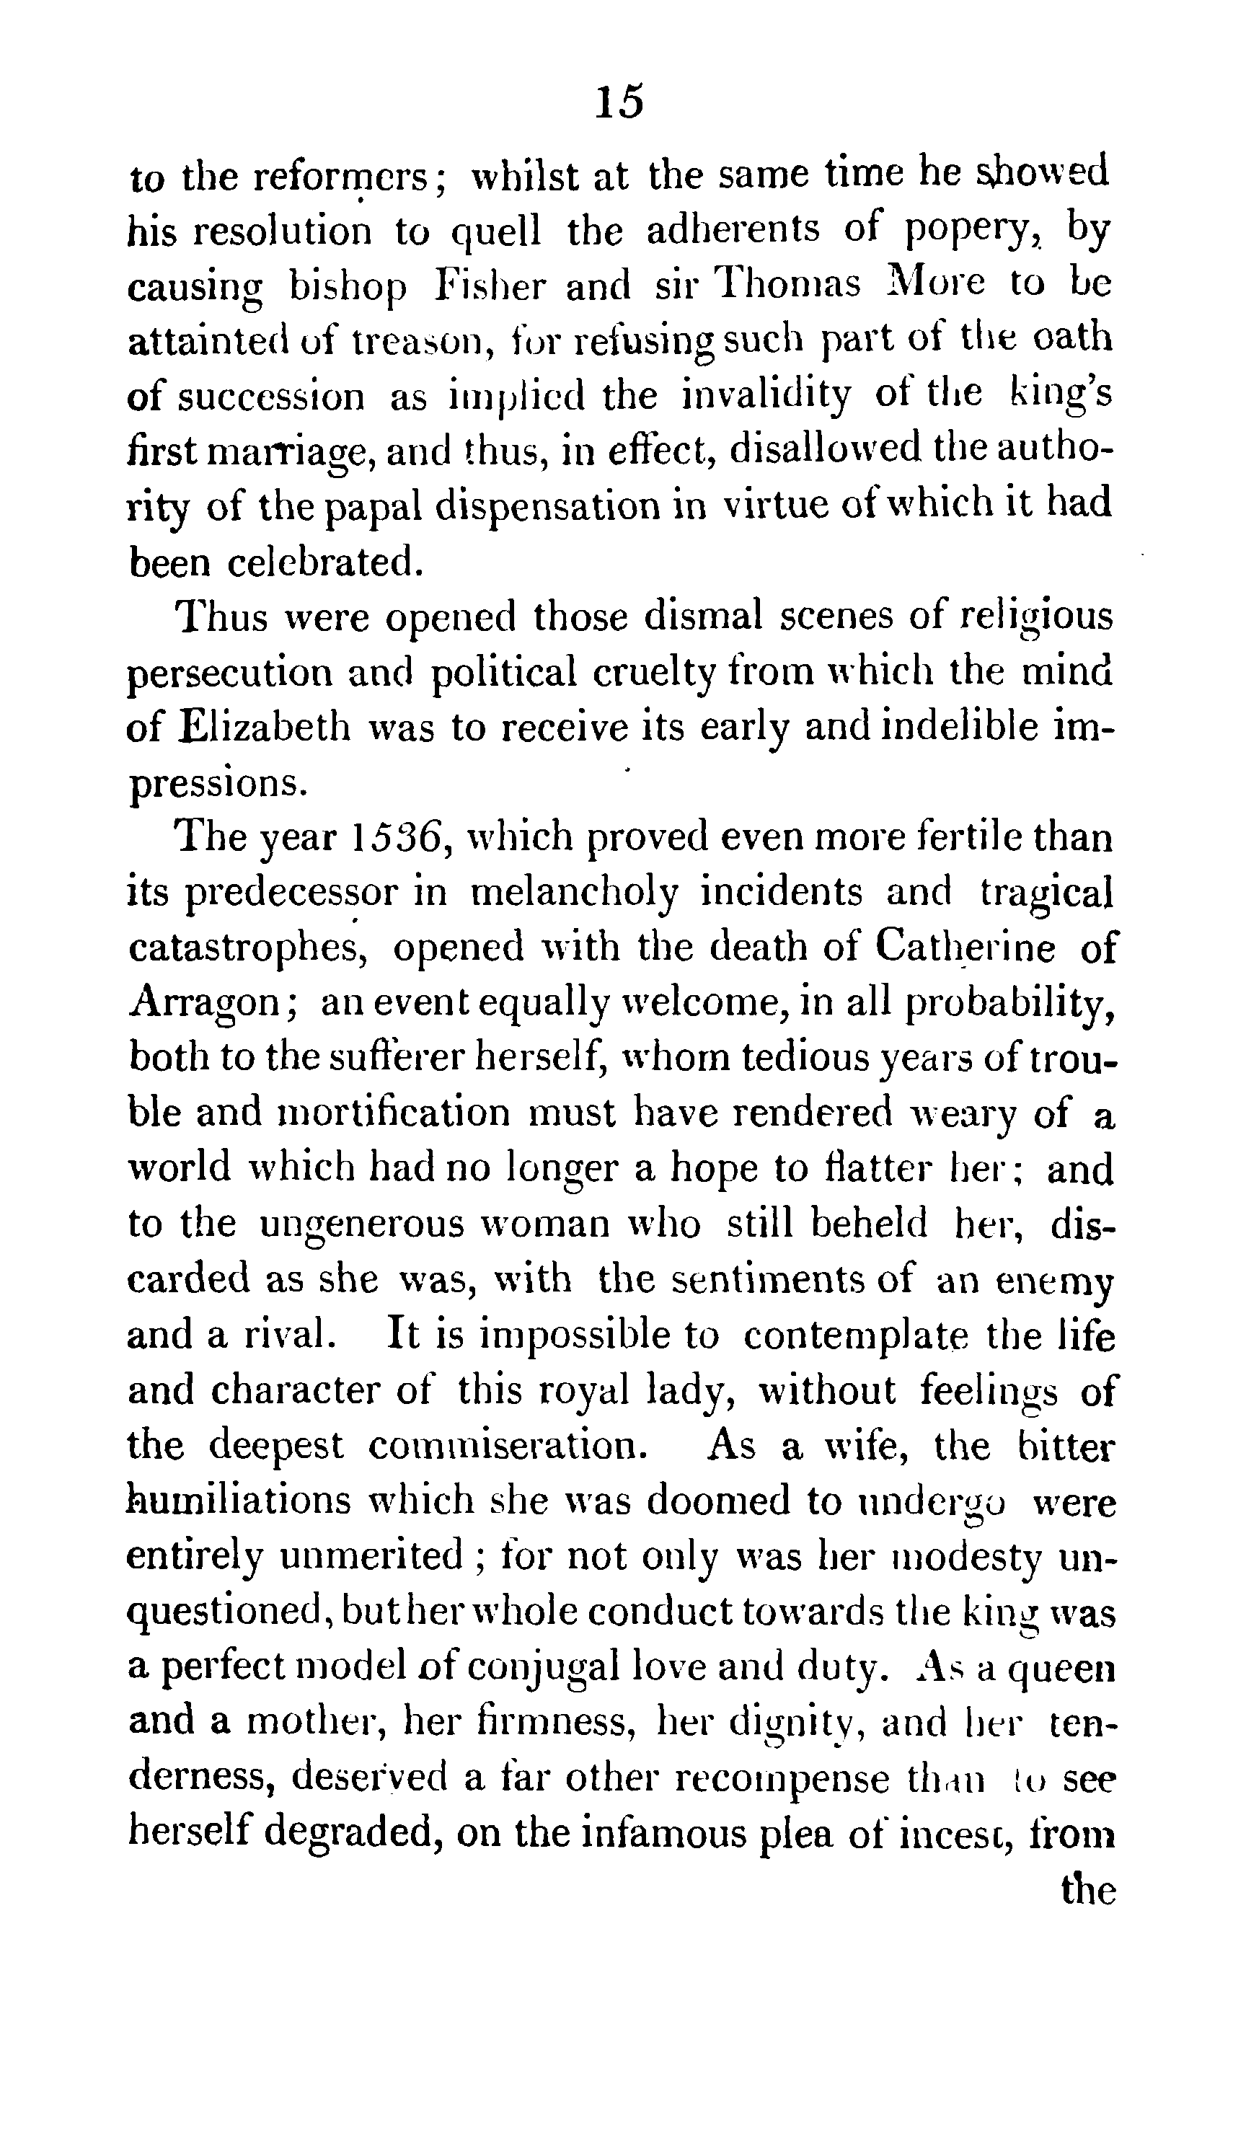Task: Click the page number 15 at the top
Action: point(619,102)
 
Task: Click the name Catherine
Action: point(965,948)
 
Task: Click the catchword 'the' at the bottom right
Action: point(1087,1889)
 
